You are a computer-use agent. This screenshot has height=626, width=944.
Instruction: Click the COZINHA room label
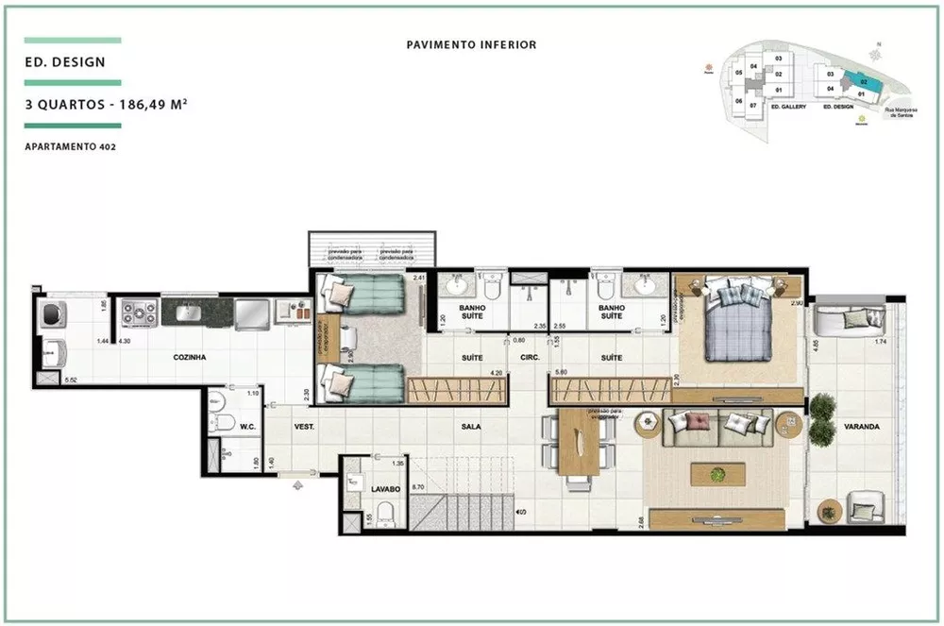(x=190, y=357)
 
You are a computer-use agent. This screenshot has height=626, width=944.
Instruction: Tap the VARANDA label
(x=862, y=427)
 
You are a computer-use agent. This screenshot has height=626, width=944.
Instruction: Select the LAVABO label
(x=385, y=489)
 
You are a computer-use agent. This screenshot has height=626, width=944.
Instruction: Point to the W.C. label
(x=248, y=427)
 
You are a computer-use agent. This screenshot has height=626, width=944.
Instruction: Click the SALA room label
(x=471, y=427)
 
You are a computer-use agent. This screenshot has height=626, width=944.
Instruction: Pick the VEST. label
(x=304, y=427)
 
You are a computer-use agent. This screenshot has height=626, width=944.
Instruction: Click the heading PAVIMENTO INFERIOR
(x=471, y=44)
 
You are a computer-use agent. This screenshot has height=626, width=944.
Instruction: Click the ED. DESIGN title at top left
(x=66, y=62)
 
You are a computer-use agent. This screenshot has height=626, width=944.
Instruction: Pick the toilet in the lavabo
(x=385, y=516)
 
